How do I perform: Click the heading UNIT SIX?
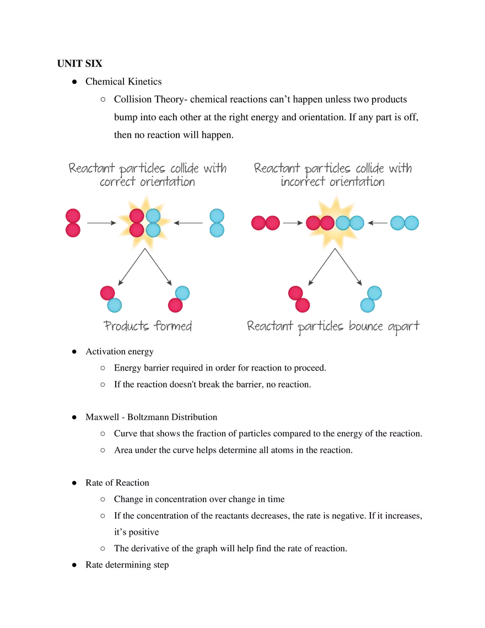click(x=79, y=63)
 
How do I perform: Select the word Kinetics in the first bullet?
click(x=145, y=82)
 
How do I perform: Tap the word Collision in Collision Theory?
click(x=132, y=100)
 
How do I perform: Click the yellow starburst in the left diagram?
click(x=144, y=223)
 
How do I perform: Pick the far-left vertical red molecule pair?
click(x=73, y=223)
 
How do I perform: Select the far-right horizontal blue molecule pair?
click(x=404, y=223)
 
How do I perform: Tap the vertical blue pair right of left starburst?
click(x=217, y=223)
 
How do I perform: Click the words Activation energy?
click(x=120, y=352)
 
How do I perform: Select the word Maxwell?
click(x=102, y=417)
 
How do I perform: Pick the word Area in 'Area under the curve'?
click(x=123, y=450)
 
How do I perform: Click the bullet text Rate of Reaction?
click(x=117, y=483)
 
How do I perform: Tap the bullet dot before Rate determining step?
click(x=73, y=565)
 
